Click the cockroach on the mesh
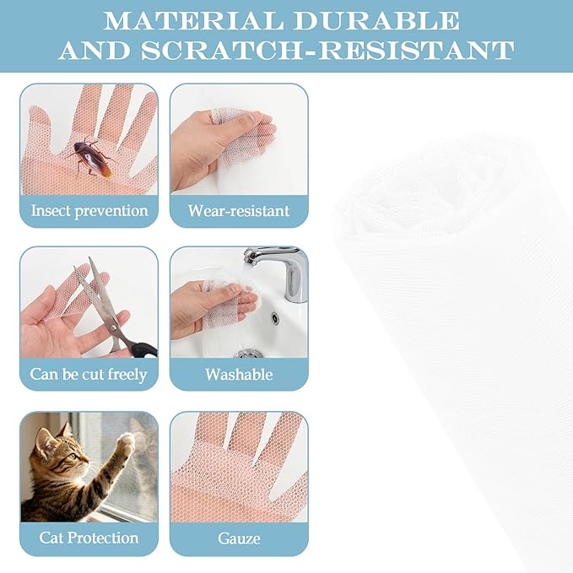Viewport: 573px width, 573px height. click(x=90, y=158)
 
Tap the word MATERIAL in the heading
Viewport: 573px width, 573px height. click(x=193, y=20)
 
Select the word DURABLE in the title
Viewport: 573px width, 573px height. click(x=376, y=20)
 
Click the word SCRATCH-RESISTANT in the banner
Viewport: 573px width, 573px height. click(x=327, y=50)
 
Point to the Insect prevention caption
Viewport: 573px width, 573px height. click(x=89, y=211)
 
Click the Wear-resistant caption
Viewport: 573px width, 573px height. click(x=239, y=210)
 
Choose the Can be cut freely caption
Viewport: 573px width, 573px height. click(x=89, y=374)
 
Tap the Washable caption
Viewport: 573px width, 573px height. click(x=239, y=374)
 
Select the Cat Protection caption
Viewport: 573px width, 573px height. click(x=89, y=538)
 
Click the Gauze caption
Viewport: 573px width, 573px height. click(x=239, y=538)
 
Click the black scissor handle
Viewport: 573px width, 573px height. click(x=144, y=349)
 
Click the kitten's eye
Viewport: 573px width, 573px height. click(x=73, y=456)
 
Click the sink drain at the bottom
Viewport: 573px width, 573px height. click(x=250, y=354)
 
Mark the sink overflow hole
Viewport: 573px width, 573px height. click(x=274, y=317)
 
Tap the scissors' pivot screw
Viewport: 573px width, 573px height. click(x=115, y=327)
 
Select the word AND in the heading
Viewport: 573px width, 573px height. click(x=95, y=50)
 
